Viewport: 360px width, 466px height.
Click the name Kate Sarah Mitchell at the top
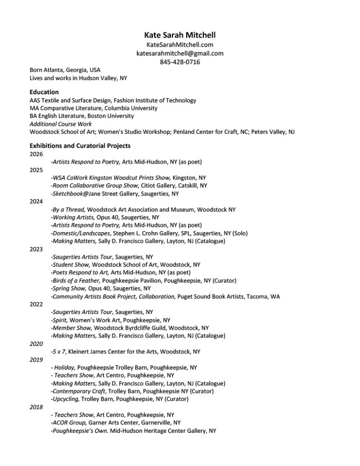[x=180, y=35]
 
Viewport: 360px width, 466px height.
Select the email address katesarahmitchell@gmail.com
[x=180, y=53]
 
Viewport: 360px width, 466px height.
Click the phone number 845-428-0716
[x=180, y=62]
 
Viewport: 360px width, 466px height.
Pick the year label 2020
[x=36, y=343]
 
